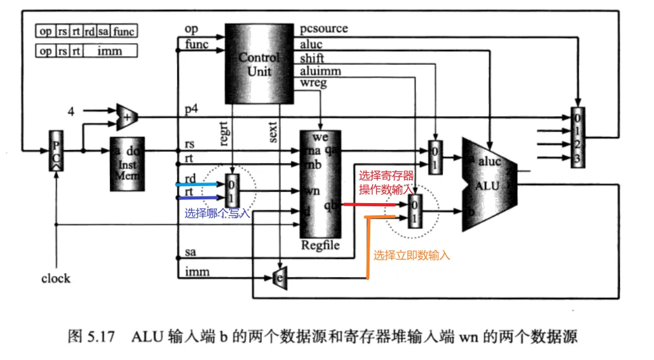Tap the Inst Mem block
128,164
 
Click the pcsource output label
324,29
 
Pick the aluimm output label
320,71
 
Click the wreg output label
314,83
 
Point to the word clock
55,279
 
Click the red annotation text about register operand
386,182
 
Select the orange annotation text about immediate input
411,255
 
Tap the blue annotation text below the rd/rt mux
217,213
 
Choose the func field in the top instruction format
123,31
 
